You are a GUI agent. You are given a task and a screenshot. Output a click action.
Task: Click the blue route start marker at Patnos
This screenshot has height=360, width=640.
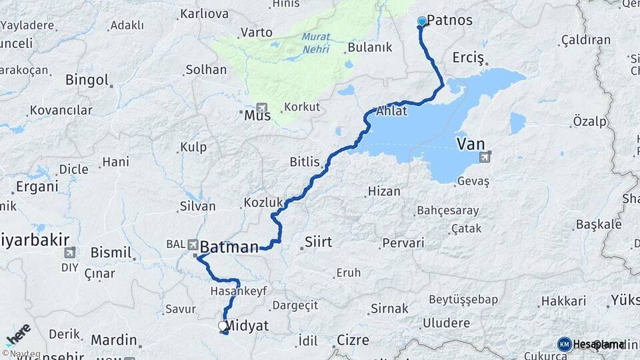421,21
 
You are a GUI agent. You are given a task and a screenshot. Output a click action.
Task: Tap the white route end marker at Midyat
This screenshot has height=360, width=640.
223,326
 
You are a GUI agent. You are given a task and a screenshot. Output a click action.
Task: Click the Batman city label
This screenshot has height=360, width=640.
229,247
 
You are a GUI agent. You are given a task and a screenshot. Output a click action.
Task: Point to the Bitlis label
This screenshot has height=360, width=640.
305,161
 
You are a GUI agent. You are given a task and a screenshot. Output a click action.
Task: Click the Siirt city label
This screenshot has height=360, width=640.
317,241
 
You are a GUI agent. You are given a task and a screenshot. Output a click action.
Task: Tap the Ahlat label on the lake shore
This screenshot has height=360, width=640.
391,111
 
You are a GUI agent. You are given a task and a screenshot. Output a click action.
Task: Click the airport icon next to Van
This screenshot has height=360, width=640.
485,157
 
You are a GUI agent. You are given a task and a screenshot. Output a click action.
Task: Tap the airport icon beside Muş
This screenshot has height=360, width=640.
261,108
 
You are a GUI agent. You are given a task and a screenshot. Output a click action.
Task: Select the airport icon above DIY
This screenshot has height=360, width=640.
70,253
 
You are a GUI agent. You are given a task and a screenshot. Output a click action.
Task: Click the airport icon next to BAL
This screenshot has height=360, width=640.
193,245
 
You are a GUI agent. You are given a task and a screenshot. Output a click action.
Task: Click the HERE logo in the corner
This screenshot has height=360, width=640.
18,335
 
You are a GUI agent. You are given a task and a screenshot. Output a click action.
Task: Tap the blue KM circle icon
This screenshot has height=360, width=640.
565,344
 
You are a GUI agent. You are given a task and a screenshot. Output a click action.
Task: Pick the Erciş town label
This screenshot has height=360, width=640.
467,58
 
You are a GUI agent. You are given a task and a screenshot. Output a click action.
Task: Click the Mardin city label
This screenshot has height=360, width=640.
113,340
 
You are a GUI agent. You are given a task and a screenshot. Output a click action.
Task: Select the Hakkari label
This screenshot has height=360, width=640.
563,301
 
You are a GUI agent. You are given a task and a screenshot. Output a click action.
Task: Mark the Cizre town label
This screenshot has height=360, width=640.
353,340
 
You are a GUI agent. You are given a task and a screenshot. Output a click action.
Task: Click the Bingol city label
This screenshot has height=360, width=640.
87,80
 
